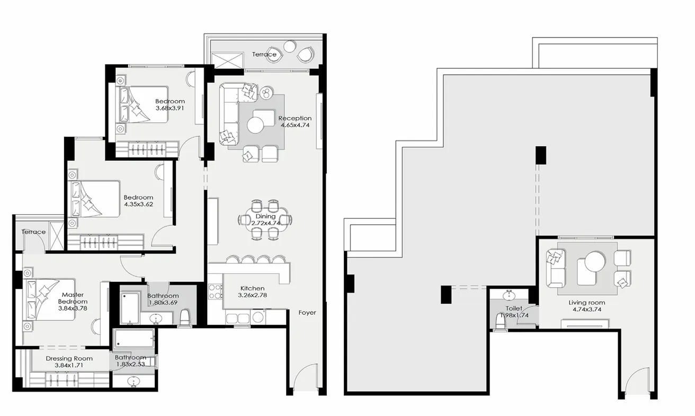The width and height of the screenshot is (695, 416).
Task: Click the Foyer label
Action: click(x=307, y=313)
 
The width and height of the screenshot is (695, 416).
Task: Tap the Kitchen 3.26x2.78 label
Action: click(x=251, y=292)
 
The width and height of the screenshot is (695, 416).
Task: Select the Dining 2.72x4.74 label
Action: click(x=265, y=219)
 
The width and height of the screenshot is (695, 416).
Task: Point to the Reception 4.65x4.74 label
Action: click(x=295, y=121)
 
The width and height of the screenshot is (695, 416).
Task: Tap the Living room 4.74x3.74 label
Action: click(x=587, y=306)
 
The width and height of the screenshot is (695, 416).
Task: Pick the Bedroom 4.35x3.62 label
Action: click(x=138, y=201)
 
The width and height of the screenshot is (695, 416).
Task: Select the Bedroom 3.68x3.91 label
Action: click(x=170, y=104)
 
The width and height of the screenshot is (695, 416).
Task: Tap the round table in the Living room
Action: click(x=594, y=261)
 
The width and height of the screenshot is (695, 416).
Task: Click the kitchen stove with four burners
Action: click(x=216, y=291)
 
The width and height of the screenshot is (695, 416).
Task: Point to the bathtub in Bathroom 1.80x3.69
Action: click(x=129, y=308)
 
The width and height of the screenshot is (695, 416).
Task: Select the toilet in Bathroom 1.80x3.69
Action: click(x=185, y=317)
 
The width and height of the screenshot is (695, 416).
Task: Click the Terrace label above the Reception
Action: click(x=264, y=54)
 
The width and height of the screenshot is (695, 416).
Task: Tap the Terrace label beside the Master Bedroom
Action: click(x=33, y=232)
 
